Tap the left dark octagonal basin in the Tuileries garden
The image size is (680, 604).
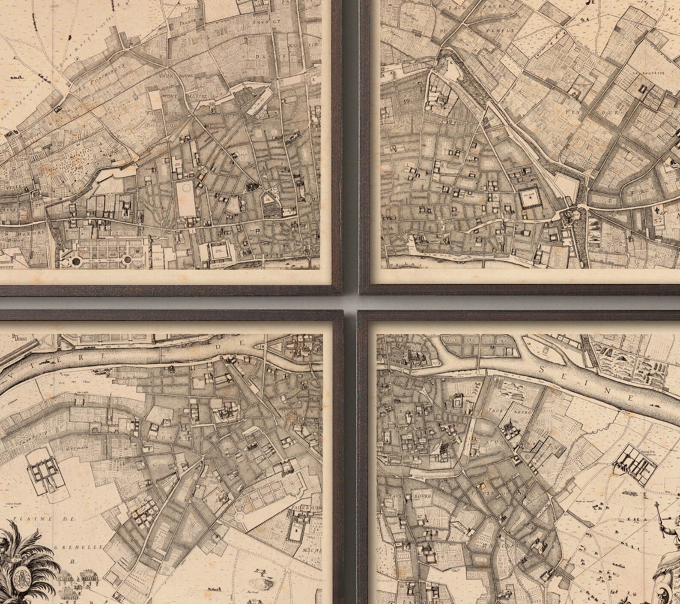click(76, 261)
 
